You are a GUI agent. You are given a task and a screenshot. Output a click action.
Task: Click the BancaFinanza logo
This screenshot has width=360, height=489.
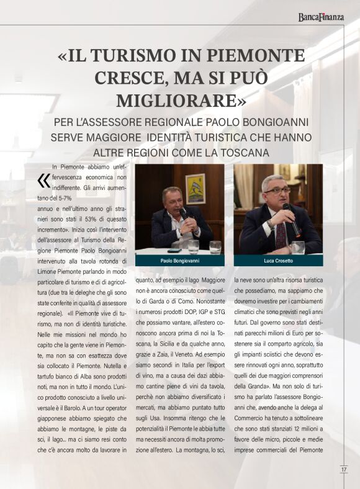pyautogui.click(x=320, y=17)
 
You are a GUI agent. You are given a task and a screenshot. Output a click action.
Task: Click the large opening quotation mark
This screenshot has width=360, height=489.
pyautogui.click(x=43, y=180)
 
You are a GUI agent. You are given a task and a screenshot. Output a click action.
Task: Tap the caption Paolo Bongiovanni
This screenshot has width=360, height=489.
pyautogui.click(x=179, y=260)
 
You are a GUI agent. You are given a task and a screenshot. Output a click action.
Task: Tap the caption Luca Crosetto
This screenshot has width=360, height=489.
pyautogui.click(x=278, y=260)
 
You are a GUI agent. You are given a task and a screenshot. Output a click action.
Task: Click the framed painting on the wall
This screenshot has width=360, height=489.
pyautogui.click(x=195, y=189)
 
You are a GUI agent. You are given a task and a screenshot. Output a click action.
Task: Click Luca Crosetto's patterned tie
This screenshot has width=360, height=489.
pyautogui.click(x=281, y=235)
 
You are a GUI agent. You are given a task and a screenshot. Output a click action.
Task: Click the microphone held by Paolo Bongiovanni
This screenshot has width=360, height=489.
pyautogui.click(x=184, y=215)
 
